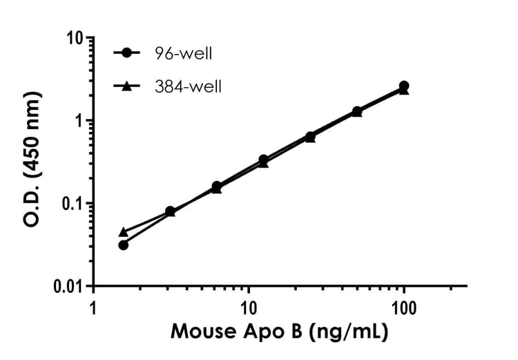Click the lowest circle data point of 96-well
(x=123, y=245)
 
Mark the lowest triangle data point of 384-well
(x=123, y=232)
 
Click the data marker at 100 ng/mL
(x=404, y=86)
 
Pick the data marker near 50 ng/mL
(x=357, y=111)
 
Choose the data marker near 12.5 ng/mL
(x=263, y=160)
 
